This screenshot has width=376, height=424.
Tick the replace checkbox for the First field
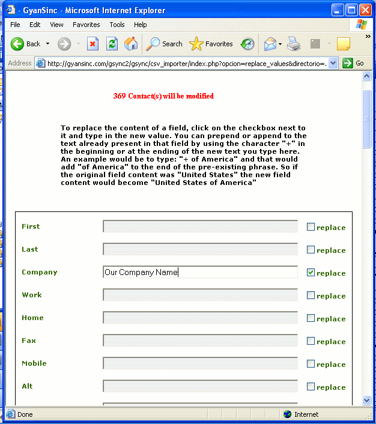tap(311, 227)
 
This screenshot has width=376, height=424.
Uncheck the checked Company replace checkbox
tap(311, 273)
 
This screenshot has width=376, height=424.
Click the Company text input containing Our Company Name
tap(200, 272)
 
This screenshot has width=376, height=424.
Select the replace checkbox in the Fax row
tap(311, 341)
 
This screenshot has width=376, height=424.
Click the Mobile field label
tap(34, 363)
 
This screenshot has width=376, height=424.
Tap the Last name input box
tap(200, 249)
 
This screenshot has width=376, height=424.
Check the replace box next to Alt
tap(311, 387)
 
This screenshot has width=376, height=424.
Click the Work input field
tap(200, 295)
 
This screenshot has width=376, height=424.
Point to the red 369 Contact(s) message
tap(163, 96)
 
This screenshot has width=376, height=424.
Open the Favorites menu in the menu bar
tap(86, 25)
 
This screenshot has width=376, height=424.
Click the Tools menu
tap(117, 25)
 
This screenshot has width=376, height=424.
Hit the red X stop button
tap(92, 44)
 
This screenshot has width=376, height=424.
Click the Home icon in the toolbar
tap(131, 44)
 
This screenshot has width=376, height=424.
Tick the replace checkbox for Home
tap(311, 318)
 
